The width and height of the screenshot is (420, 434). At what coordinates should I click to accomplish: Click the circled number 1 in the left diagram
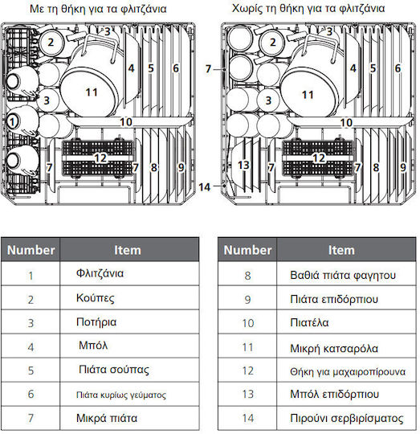pos(12,122)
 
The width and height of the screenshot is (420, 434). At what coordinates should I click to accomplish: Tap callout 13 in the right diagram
pos(243,166)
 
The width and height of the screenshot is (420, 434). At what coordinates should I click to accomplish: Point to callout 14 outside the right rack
pos(204,187)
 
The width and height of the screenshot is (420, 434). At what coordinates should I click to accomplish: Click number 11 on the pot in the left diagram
pos(92,92)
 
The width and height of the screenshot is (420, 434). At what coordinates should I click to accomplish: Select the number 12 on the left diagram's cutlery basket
pos(100,158)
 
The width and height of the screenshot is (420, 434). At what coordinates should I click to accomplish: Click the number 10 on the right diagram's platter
pos(346,123)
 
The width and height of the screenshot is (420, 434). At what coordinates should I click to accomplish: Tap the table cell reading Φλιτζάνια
pos(129,273)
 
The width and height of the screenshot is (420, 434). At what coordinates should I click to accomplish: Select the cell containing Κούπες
pos(129,298)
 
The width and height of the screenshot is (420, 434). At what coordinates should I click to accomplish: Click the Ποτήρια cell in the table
pos(129,322)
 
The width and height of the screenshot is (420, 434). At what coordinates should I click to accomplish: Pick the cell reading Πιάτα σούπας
pos(129,370)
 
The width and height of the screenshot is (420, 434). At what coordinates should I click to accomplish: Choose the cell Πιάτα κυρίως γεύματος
pos(129,394)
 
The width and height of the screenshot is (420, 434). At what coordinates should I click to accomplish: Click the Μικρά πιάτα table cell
pos(129,418)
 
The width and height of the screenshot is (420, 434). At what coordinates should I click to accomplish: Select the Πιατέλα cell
pos(346,322)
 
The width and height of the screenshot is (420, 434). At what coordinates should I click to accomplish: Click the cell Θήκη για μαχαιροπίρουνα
pos(346,370)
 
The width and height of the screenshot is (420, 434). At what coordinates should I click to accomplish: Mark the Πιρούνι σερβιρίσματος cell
pos(346,418)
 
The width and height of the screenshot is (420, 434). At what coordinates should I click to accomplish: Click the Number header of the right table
pos(247,250)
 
